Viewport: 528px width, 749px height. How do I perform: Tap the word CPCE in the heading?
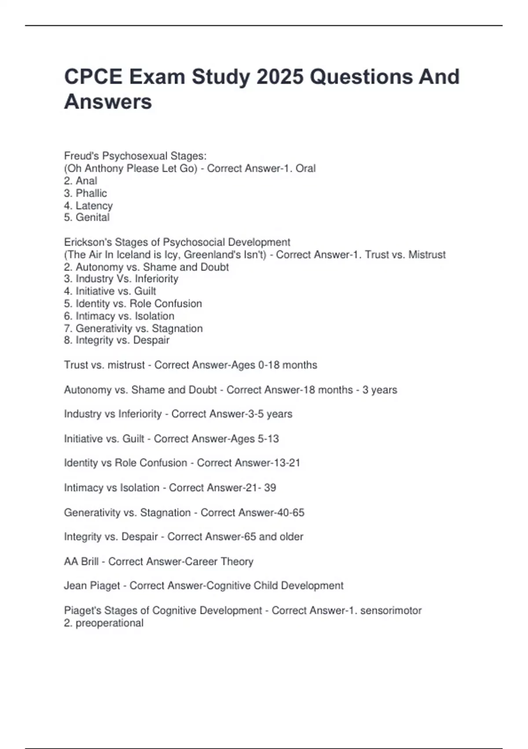pyautogui.click(x=93, y=77)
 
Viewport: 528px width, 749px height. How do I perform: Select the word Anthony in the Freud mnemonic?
pyautogui.click(x=104, y=168)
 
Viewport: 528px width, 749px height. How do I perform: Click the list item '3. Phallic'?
pyautogui.click(x=85, y=193)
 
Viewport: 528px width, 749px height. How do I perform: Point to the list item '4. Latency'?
pyautogui.click(x=88, y=205)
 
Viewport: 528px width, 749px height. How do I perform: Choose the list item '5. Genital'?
pyautogui.click(x=87, y=217)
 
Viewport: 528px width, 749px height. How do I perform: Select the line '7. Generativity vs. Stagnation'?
pyautogui.click(x=133, y=328)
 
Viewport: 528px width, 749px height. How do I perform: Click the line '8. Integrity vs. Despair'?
pyautogui.click(x=117, y=340)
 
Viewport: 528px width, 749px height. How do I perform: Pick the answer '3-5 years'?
pyautogui.click(x=270, y=414)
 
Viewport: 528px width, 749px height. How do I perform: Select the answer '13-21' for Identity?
pyautogui.click(x=286, y=463)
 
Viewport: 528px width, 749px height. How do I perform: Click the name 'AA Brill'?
pyautogui.click(x=81, y=561)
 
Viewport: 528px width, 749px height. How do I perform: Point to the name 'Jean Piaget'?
pyautogui.click(x=92, y=586)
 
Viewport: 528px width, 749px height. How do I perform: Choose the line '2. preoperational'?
pyautogui.click(x=104, y=623)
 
